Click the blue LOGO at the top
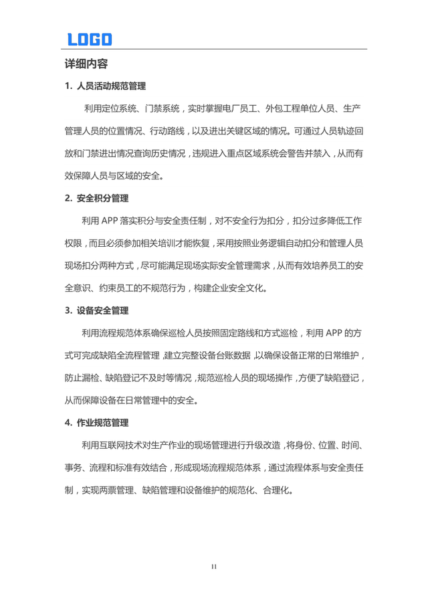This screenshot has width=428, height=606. (89, 39)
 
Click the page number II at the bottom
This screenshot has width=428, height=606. (214, 567)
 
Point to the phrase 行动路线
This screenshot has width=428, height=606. (194, 131)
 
